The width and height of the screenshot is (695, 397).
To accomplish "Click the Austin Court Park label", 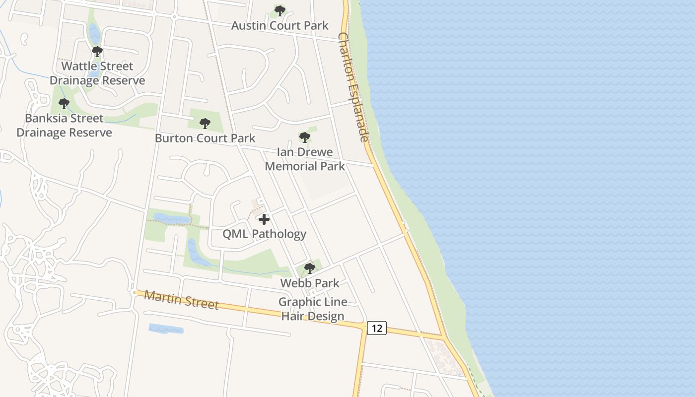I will pos(280,25).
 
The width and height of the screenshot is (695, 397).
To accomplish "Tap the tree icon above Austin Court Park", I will pos(280,10).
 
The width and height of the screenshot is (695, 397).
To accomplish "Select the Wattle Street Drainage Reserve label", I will pos(97,73).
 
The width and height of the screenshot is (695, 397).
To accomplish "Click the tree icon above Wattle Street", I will pos(97,51).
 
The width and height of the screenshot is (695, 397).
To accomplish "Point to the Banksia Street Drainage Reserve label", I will pos(64,126).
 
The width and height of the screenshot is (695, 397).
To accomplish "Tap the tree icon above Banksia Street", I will pos(64,104).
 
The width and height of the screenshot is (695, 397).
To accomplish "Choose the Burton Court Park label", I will pos(205,138).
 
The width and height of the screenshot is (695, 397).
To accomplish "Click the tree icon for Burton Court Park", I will pos(205,124).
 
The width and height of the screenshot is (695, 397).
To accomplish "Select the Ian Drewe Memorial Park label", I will pos(305,159).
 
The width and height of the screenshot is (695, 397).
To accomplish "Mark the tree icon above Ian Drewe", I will pos(305,137).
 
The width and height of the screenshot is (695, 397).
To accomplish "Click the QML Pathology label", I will pos(264,234).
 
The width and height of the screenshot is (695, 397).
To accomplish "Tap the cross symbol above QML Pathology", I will pos(264,219).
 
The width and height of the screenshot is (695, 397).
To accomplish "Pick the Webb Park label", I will pos(310,283).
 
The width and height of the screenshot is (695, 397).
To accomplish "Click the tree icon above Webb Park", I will pos(310,268).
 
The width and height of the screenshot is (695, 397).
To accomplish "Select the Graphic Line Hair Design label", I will pos(313,309).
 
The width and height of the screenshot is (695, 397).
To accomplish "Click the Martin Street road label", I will pos(181,300).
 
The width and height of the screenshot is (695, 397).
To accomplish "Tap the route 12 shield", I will pos(377,328).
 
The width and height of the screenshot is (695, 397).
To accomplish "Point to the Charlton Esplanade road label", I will pos(353,87).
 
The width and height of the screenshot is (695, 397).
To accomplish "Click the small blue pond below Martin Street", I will pos(166,329).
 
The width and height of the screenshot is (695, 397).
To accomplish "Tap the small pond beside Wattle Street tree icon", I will pos(94,34).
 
